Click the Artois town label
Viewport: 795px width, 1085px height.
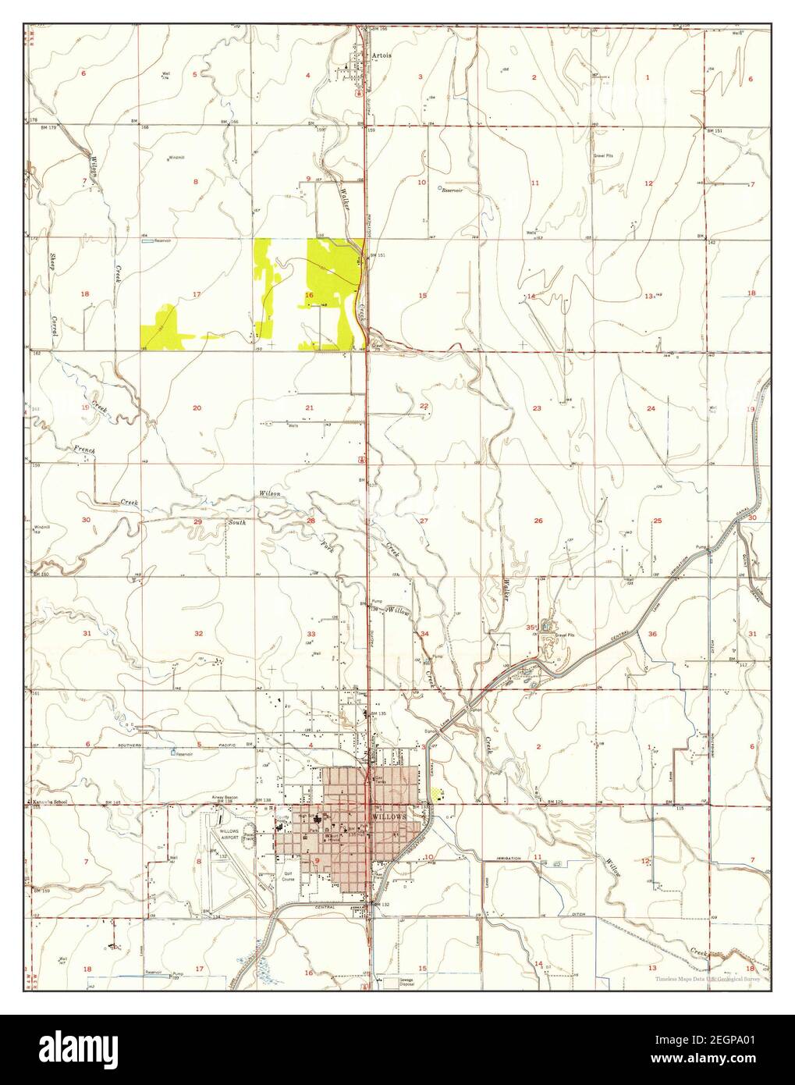(x=382, y=55)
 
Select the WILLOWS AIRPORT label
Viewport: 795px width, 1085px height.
(x=229, y=834)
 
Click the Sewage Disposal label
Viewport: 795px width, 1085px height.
(x=395, y=983)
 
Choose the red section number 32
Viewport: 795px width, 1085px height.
(x=198, y=633)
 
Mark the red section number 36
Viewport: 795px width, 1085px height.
(x=652, y=634)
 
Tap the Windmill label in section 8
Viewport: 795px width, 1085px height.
(x=177, y=158)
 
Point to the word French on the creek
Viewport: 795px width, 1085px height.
(x=83, y=450)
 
